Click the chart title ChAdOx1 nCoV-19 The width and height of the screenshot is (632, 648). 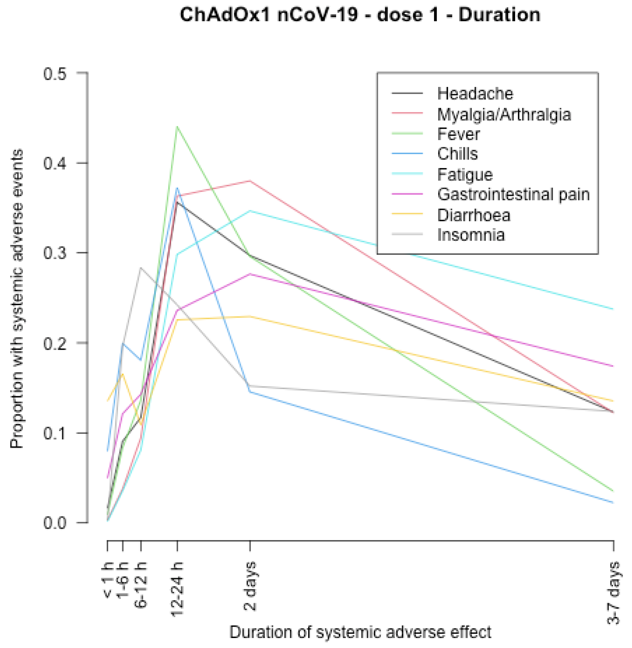[360, 15]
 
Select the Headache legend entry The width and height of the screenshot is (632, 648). [475, 94]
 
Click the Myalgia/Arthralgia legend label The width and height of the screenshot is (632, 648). [504, 115]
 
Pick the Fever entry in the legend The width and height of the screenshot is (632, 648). [458, 134]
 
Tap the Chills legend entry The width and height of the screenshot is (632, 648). [457, 154]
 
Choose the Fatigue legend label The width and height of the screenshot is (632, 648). [465, 175]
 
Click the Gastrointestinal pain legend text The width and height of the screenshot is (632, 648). [513, 195]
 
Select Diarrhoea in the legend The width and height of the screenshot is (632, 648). [473, 215]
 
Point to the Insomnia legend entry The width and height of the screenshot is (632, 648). [471, 235]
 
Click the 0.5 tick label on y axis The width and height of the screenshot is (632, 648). [55, 74]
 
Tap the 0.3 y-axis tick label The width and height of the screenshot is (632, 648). [55, 253]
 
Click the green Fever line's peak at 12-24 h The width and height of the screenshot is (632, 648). [177, 127]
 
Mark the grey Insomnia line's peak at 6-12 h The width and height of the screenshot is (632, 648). [141, 268]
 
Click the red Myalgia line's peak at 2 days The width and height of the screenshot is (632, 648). [250, 181]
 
